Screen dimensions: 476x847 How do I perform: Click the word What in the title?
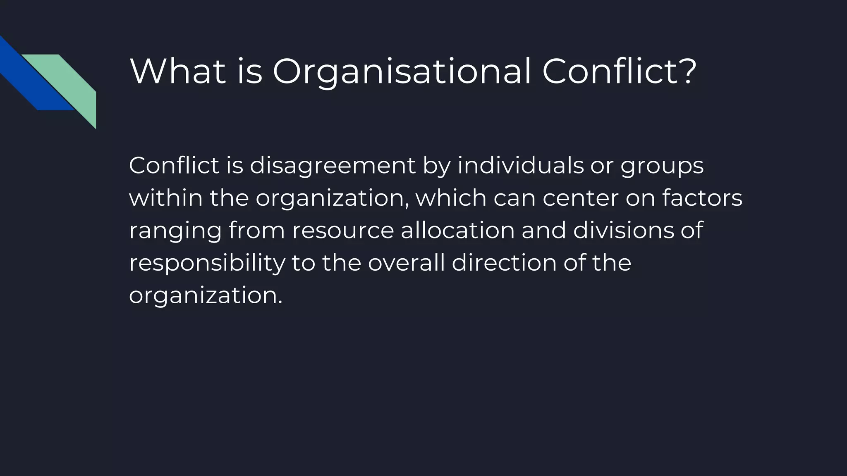click(178, 71)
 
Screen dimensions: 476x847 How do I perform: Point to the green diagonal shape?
click(70, 83)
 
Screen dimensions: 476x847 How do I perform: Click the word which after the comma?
click(451, 198)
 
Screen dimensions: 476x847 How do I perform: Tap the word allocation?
click(457, 230)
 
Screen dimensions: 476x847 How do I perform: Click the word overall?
click(406, 263)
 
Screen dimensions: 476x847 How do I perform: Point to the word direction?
click(504, 263)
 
